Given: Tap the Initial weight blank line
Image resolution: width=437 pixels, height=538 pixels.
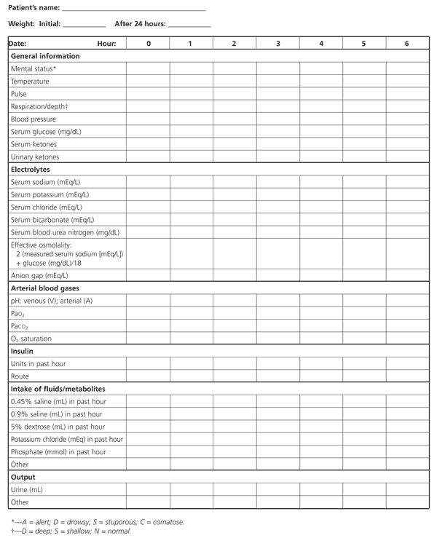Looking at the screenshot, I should coord(84,25).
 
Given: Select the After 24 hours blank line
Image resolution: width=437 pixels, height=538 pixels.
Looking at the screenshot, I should coord(189,25).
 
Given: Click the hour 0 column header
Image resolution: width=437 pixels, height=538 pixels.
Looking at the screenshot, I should coord(149,44).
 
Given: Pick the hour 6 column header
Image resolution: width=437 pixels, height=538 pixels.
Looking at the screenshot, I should coord(407,44).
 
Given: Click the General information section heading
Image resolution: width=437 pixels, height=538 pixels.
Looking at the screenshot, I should coord(45,56).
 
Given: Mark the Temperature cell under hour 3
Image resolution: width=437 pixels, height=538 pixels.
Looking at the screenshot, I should coord(278,82).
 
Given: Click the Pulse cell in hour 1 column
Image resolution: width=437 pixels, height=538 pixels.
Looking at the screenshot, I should coord(191,94).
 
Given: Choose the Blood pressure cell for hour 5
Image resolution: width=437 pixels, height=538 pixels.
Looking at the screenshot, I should coord(364,119).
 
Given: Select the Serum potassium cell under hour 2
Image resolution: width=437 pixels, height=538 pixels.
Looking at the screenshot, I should coord(235,194).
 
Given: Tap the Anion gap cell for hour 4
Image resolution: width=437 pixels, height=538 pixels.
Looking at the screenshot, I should coord(321,276).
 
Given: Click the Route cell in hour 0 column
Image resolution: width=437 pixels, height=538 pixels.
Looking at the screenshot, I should coord(149,376).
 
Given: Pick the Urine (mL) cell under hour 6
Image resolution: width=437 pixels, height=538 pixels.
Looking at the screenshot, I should coord(407,490).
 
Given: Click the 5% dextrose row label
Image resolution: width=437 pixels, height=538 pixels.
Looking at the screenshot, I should coord(58,427).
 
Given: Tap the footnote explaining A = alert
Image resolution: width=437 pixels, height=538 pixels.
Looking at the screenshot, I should coord(98,521).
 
